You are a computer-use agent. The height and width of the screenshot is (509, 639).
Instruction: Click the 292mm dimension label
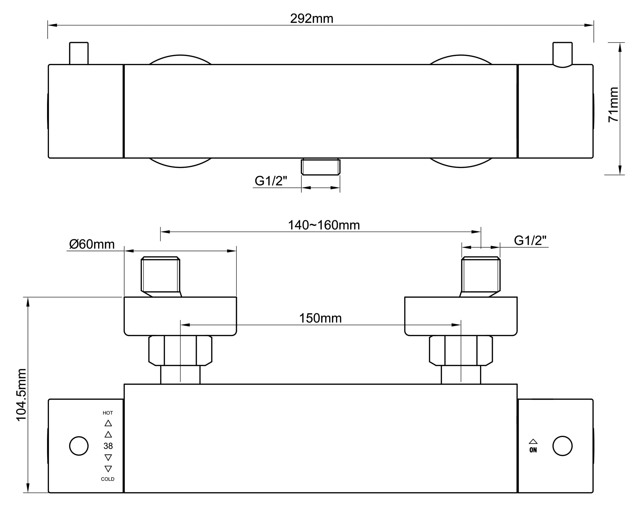point(312,19)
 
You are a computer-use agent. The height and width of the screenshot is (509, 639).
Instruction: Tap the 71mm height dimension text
point(613,104)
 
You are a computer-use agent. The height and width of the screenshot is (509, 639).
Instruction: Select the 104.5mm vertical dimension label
point(21,395)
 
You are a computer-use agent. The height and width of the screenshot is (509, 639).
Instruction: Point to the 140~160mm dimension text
point(324,225)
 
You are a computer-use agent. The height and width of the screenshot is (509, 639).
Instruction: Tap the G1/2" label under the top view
point(271,181)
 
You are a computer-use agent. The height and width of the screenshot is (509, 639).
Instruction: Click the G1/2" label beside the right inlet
point(530,241)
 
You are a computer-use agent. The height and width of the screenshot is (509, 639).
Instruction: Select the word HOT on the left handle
point(108,413)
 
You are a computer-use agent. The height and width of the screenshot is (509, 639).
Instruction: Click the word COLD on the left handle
point(108,479)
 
